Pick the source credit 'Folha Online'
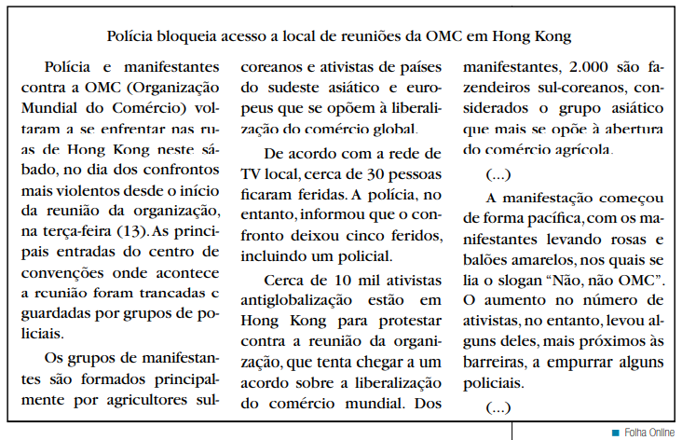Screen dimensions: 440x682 (648, 432)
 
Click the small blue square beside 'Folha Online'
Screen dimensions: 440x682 (615, 432)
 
